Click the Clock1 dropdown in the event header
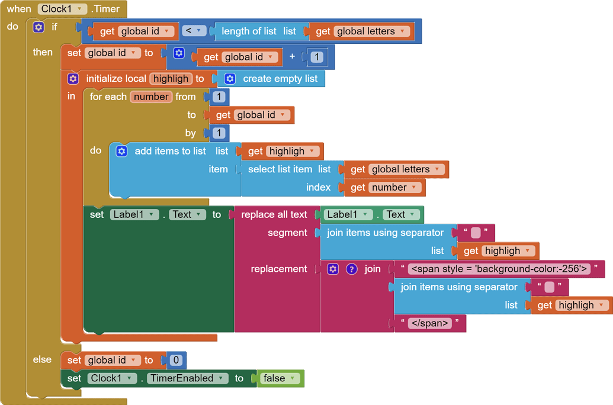click(x=62, y=9)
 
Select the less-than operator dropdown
click(x=194, y=31)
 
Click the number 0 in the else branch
click(x=176, y=360)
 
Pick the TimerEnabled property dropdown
click(x=188, y=378)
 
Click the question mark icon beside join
click(x=352, y=269)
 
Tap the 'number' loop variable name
click(x=151, y=97)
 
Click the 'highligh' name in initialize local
click(x=171, y=79)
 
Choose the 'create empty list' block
click(x=280, y=79)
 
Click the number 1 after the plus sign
click(x=317, y=57)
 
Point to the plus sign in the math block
click(x=291, y=57)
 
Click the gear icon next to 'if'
click(x=38, y=27)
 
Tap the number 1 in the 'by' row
click(x=219, y=133)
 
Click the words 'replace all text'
click(x=274, y=214)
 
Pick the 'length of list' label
click(x=249, y=31)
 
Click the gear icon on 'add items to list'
click(x=121, y=152)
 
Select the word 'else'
click(x=42, y=359)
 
